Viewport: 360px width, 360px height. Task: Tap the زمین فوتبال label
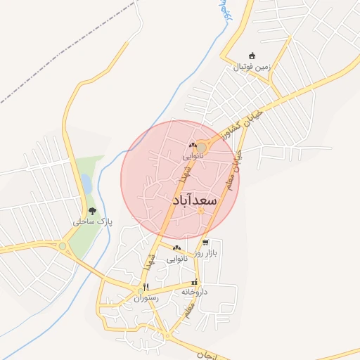[251, 67]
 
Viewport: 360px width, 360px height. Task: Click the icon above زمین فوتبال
[252, 56]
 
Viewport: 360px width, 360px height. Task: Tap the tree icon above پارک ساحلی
[91, 212]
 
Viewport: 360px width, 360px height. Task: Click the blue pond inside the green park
[86, 184]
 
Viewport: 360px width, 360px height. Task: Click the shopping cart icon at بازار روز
[205, 243]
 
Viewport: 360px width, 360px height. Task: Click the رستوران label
[146, 297]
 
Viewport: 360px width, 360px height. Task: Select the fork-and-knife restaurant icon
[146, 287]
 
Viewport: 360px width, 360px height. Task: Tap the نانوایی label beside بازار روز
[176, 258]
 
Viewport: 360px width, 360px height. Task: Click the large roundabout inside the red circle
[202, 146]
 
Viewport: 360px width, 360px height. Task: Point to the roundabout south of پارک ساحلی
[63, 246]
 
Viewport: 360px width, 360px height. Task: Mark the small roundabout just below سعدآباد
[201, 211]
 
